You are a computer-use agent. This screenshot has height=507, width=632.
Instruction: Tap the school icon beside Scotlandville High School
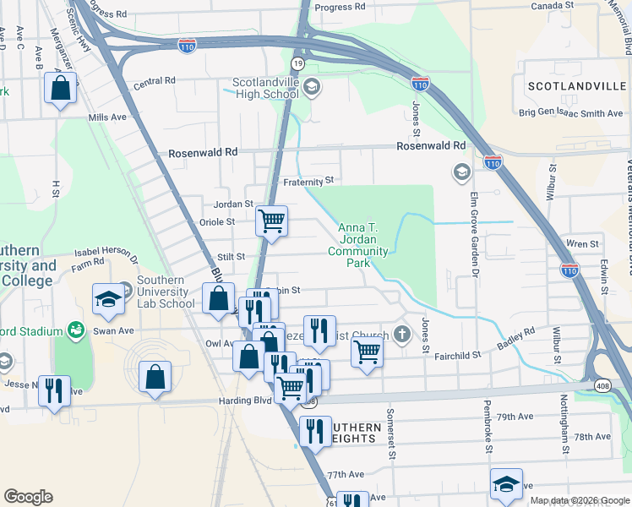coord(311,87)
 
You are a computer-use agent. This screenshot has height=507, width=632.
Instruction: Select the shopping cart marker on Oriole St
coord(271,221)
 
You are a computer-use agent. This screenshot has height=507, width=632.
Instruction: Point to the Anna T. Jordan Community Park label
coord(362,245)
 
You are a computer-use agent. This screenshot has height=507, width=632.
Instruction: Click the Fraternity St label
coord(309,180)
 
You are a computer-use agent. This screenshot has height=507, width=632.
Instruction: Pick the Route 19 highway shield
coord(297,63)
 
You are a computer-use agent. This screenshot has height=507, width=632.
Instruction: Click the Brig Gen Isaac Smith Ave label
coord(570,113)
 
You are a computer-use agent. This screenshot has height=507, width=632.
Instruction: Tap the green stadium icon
coord(75,329)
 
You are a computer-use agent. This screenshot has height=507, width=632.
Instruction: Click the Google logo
coord(28,497)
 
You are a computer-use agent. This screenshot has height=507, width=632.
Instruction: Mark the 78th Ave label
coord(591,437)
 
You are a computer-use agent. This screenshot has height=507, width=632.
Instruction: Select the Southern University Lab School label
coord(165,292)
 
